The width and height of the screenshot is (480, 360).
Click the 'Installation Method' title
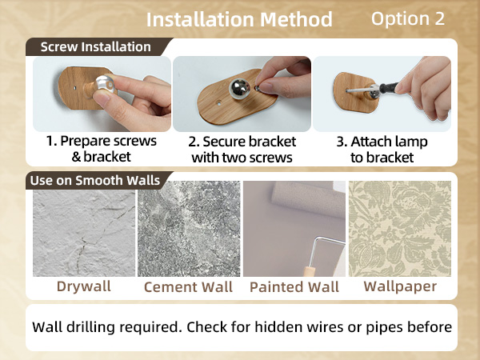[239, 19]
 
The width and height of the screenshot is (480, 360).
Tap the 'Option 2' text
[408, 18]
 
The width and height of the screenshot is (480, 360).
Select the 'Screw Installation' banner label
[95, 47]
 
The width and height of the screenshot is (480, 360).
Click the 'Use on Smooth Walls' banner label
[95, 180]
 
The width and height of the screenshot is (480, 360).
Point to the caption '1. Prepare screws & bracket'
[101, 149]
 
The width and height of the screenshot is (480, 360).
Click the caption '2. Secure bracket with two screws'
[242, 150]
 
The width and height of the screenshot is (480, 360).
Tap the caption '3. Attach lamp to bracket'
[382, 150]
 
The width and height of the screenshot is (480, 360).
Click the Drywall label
[83, 286]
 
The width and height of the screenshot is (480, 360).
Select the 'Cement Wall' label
[188, 287]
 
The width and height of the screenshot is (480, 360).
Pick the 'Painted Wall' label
[294, 287]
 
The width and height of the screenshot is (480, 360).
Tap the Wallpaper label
[400, 287]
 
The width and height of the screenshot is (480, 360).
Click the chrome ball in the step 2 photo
[239, 89]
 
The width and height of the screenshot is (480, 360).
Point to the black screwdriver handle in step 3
[389, 88]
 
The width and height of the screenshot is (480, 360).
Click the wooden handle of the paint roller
[309, 271]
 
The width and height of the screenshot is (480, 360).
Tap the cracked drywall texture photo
[84, 233]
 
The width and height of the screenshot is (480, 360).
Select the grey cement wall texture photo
[189, 229]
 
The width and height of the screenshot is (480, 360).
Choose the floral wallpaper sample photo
[400, 229]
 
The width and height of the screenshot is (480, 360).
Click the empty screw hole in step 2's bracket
[219, 103]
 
